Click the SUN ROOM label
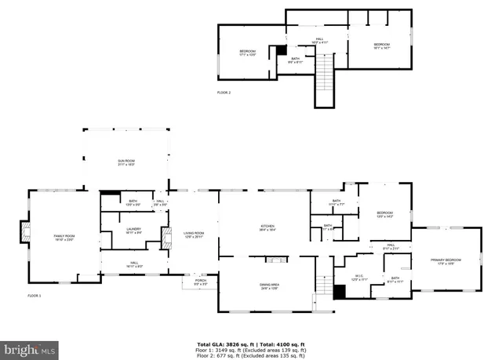point(125,162)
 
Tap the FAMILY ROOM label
point(64,237)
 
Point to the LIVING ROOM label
point(194,234)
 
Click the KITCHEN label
point(268,227)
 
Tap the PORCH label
point(201,282)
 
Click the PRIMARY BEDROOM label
point(446,261)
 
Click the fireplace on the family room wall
point(27,233)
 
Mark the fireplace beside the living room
point(166,238)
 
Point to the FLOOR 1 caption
point(35,296)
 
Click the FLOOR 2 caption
point(224,93)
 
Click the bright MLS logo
point(30,347)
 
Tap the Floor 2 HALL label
point(320,39)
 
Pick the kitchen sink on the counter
point(275,259)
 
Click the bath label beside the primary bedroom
point(395,279)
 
